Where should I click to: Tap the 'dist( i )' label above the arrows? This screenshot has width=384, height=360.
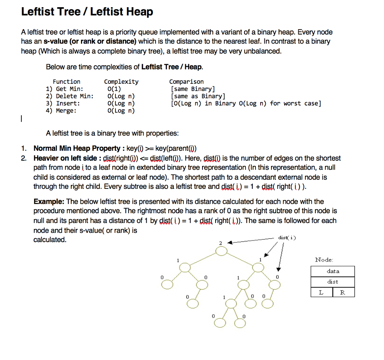tap(287, 238)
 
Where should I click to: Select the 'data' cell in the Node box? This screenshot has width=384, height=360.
tap(333, 271)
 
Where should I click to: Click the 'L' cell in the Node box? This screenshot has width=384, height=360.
tap(321, 292)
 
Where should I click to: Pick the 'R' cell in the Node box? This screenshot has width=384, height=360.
tap(343, 292)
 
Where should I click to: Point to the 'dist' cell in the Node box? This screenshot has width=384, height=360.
tap(333, 282)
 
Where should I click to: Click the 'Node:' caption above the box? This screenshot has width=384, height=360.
tap(324, 260)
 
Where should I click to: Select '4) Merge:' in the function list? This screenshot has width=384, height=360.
tap(61, 110)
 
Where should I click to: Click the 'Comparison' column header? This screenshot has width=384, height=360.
tap(186, 81)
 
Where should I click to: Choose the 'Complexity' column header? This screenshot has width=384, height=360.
tap(121, 81)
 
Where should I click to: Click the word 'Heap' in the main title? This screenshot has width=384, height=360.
tap(139, 12)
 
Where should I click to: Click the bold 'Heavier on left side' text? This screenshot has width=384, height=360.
tap(65, 158)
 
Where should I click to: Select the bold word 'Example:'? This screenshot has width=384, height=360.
tap(49, 202)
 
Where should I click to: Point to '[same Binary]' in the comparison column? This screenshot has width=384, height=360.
tap(192, 89)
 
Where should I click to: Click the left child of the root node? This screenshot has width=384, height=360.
tap(184, 267)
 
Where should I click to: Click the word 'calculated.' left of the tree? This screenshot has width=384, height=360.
tap(50, 239)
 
